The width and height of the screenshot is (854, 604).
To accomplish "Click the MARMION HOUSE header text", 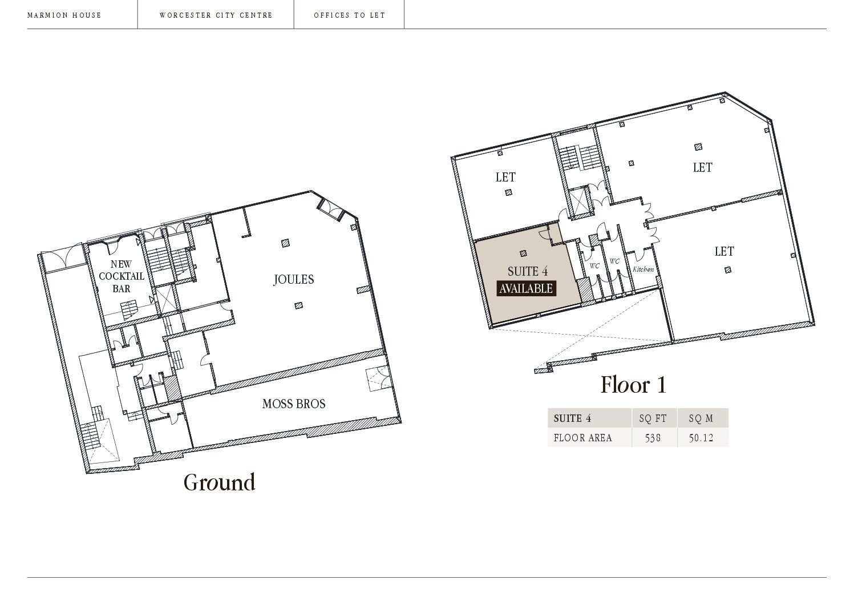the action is [x=64, y=15].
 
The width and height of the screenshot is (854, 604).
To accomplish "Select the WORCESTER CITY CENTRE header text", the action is [x=216, y=15].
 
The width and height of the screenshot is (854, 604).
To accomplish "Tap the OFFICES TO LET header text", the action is [x=349, y=15].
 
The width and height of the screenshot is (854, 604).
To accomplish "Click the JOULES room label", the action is [x=294, y=279].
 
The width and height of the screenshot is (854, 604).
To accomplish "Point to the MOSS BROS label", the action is [x=294, y=404].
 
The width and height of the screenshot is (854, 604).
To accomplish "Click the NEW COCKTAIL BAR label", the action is [x=122, y=276].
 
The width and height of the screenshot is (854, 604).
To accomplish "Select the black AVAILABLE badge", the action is [x=526, y=288].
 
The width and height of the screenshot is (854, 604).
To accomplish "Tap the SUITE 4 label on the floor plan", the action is [x=528, y=271].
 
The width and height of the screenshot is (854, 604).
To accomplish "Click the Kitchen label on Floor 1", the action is [x=643, y=269].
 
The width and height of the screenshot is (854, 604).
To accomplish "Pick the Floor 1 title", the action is [x=633, y=384].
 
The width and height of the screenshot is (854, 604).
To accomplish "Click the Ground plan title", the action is [x=219, y=482].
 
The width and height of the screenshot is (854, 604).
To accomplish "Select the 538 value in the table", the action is [x=653, y=438].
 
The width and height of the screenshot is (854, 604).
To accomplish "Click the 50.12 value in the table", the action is [x=701, y=438].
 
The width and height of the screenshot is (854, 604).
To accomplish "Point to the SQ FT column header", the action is [x=653, y=418].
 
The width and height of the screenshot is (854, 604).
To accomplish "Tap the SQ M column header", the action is [x=701, y=418].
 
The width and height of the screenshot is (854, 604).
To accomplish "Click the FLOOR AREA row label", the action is [x=582, y=438].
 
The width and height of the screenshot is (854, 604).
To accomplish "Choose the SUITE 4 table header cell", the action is [x=572, y=418].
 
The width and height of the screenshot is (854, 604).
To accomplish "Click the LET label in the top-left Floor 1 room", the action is [x=505, y=177].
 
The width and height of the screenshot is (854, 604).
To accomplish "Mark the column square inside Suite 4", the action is [x=523, y=253].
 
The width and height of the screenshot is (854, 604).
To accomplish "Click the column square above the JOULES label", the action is [x=285, y=243].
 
